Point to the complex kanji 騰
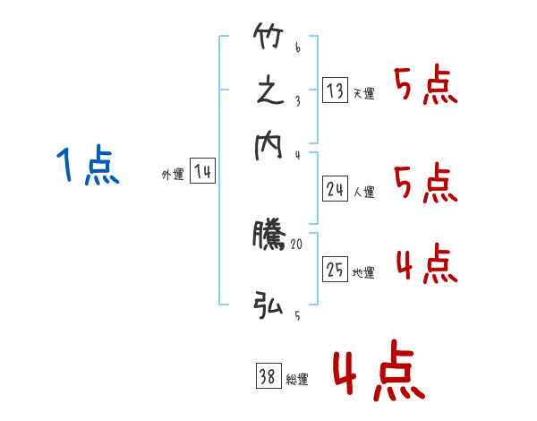(268, 235)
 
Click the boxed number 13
(335, 90)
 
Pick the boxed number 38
(268, 377)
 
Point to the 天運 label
(363, 93)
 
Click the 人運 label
(364, 191)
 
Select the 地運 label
(364, 272)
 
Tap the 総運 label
(297, 380)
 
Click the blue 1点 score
(88, 167)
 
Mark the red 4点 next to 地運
(426, 264)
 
